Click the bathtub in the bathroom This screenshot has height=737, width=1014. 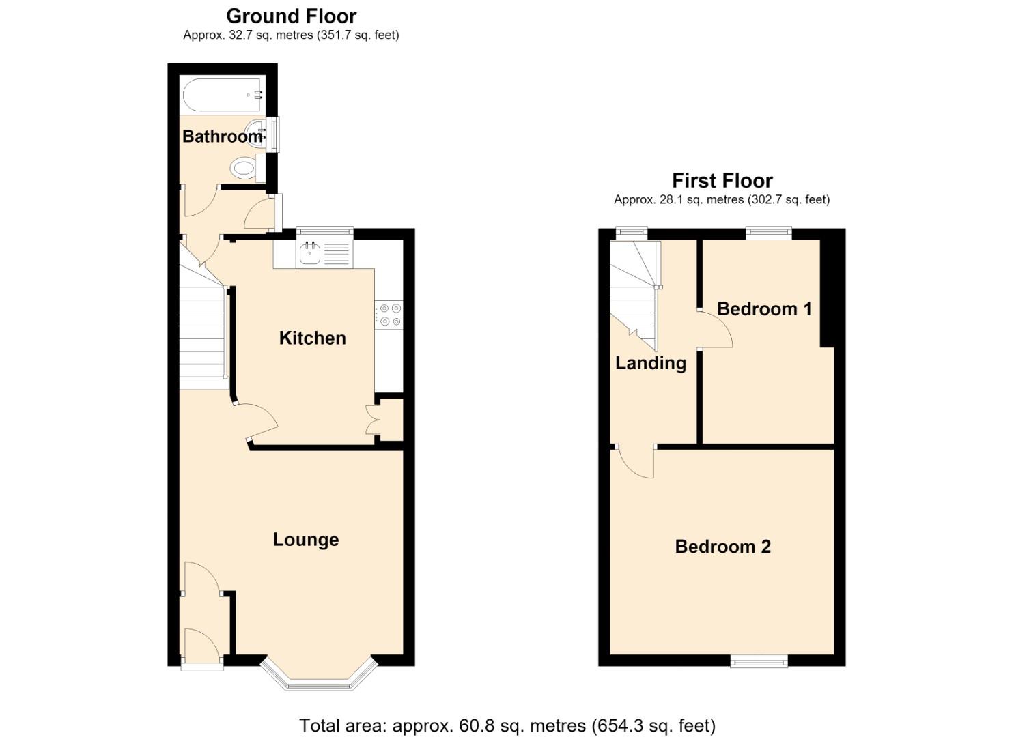223,95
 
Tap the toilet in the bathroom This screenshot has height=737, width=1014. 248,169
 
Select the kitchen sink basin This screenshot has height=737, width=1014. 309,254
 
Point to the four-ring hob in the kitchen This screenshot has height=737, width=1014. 389,315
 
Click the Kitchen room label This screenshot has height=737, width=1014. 312,338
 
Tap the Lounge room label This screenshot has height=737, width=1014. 305,539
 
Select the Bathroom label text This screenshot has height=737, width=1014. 223,136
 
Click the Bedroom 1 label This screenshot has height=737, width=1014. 764,309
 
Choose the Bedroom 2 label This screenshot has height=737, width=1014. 722,547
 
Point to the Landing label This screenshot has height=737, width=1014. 651,363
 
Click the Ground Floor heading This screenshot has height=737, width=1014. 291,16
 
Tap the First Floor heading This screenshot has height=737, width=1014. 722,181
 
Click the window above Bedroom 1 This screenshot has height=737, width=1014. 769,233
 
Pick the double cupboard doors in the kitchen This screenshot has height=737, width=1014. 372,420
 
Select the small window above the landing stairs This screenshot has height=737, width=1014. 632,233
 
